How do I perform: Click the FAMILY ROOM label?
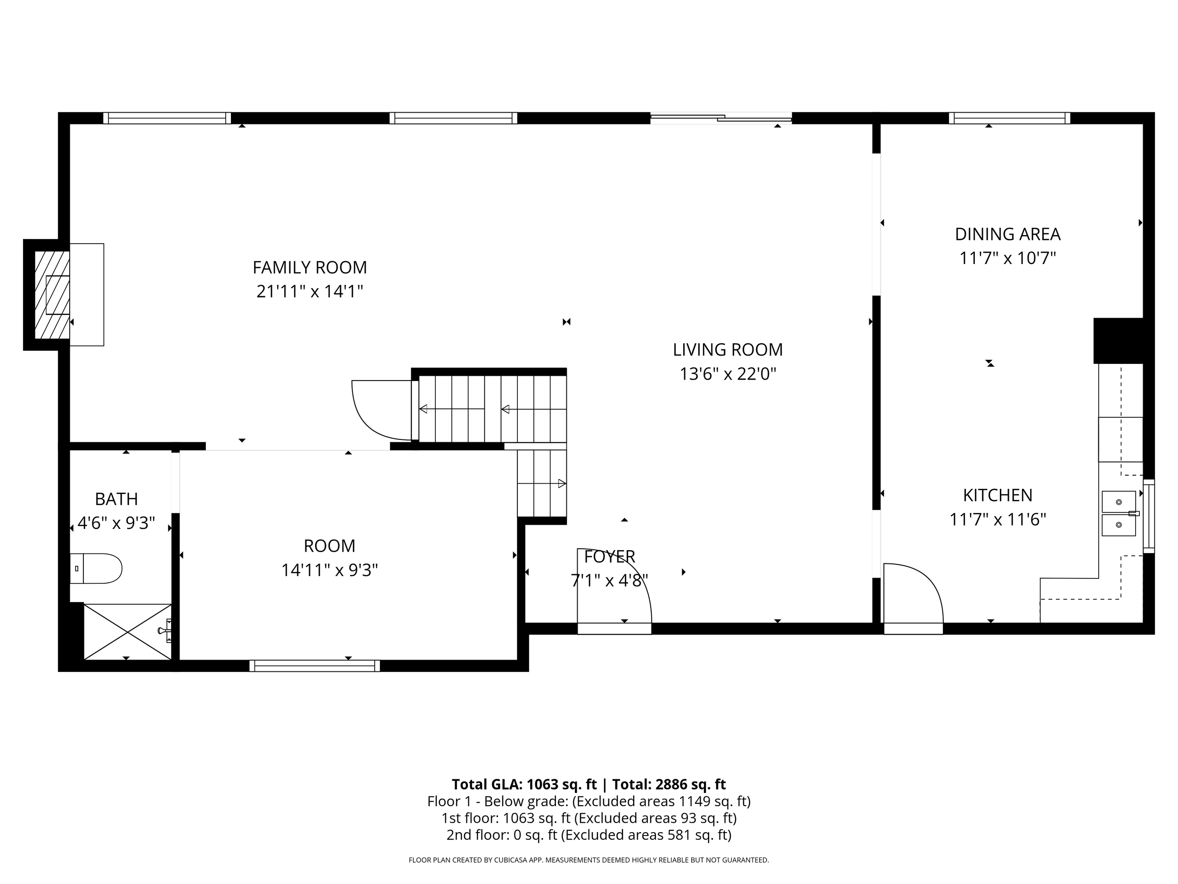310,267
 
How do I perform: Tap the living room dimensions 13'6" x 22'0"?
728,374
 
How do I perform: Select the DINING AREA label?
1007,234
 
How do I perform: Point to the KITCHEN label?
998,495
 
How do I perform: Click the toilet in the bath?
97,568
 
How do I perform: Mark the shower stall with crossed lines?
128,632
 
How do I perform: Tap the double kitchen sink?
1118,513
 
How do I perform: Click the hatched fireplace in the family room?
52,295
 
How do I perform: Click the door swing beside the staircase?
381,409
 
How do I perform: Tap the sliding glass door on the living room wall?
721,118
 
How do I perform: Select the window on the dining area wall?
1009,118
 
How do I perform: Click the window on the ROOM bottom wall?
314,666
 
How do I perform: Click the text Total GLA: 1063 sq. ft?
524,785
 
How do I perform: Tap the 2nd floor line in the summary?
589,835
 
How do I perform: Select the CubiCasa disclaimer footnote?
589,859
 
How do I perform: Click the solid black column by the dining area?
1118,341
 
